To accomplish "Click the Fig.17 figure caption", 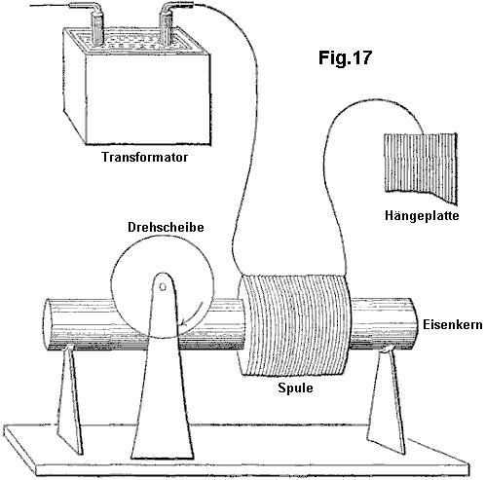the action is (x=345, y=57).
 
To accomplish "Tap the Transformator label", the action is (x=145, y=157).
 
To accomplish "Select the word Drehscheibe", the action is (x=166, y=227).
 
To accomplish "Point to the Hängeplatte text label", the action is (x=422, y=215).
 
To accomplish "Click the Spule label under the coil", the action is (x=295, y=388).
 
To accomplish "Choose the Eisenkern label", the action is (x=453, y=325).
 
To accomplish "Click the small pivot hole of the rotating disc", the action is (x=163, y=287).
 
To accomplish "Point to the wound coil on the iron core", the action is (x=295, y=325).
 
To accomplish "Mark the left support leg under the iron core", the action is (x=69, y=399).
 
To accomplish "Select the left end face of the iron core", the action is (x=48, y=324).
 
